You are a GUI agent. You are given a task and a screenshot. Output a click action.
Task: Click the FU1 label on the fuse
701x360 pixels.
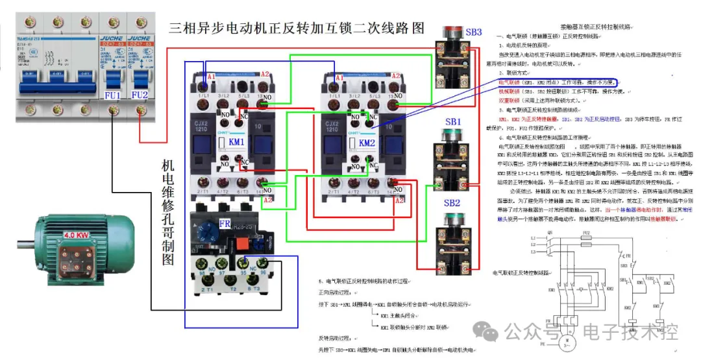click(x=113, y=95)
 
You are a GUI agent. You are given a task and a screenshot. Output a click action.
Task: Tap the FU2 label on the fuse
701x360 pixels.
click(x=140, y=95)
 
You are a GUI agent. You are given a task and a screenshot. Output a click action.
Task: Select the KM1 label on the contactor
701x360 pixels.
click(x=236, y=142)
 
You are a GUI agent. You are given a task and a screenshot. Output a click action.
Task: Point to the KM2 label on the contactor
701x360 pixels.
click(x=367, y=143)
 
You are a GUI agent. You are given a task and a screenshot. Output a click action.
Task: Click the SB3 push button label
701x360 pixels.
click(x=473, y=31)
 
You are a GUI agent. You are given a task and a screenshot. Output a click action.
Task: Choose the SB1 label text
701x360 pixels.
click(x=453, y=122)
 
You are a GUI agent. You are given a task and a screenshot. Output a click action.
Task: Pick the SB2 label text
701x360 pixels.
click(x=452, y=203)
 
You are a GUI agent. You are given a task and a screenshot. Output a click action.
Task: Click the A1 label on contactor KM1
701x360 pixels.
click(x=207, y=78)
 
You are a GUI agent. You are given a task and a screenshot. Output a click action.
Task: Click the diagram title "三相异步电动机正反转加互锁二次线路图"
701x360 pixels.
click(x=296, y=29)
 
